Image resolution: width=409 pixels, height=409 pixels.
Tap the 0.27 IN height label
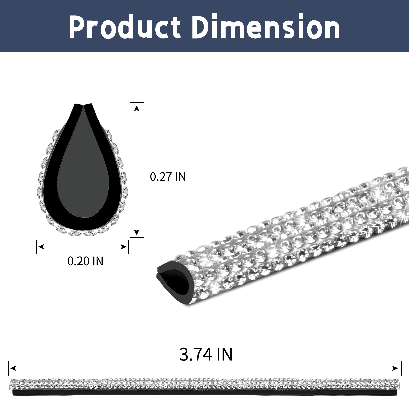[168, 177]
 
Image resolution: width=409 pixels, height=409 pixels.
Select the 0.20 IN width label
[85, 261]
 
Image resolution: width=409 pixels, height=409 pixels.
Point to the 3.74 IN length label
[206, 354]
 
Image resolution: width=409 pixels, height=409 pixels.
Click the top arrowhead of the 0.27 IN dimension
[137, 108]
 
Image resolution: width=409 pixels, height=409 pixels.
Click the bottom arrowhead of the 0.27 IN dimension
[137, 232]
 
